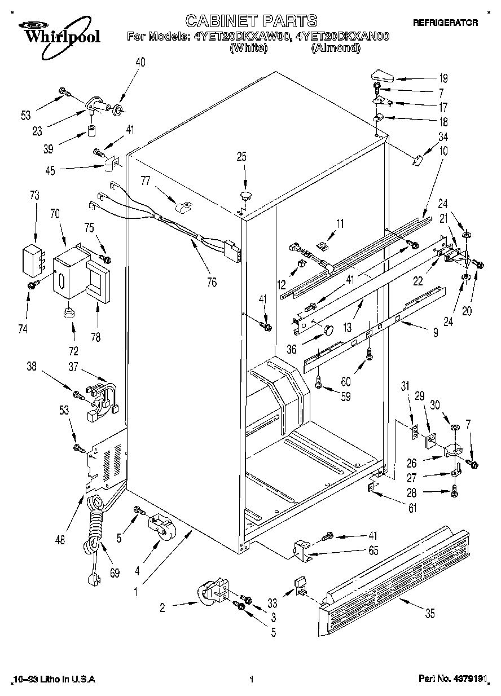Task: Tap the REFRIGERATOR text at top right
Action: click(445, 23)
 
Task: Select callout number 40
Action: click(140, 63)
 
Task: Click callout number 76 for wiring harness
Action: click(212, 282)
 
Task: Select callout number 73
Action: click(35, 195)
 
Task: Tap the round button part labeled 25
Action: click(244, 196)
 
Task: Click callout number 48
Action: click(60, 540)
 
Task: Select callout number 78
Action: click(95, 337)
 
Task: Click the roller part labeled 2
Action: click(210, 592)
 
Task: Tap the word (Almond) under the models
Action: click(335, 47)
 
